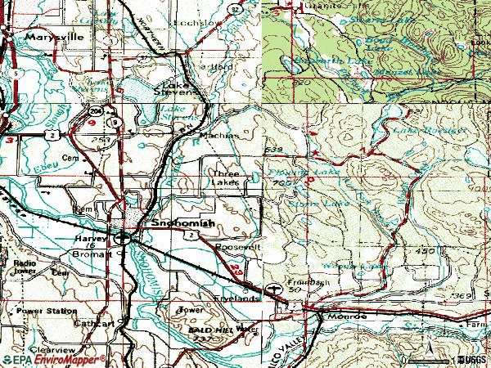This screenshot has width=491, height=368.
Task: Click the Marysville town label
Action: click(47, 38)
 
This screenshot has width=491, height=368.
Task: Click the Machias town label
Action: click(221, 135)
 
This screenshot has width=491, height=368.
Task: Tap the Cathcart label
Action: click(96, 324)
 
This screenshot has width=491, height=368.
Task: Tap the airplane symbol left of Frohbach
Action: click(272, 288)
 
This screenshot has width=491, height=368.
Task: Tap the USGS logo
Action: click(471, 359)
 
